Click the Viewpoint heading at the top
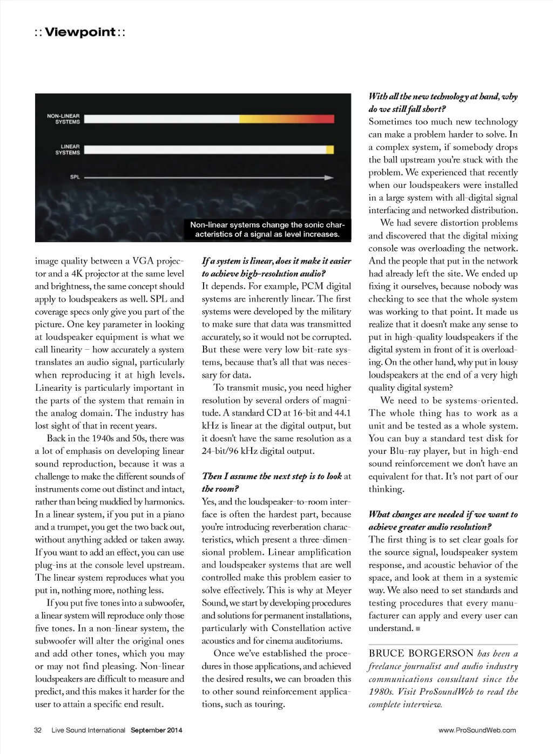(80, 32)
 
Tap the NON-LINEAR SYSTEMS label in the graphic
(63, 119)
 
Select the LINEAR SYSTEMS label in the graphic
(68, 150)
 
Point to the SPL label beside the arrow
(75, 177)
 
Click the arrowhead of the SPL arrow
(329, 177)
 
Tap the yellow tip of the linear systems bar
(330, 150)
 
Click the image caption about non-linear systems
(267, 229)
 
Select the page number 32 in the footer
(38, 730)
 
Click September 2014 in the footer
(156, 730)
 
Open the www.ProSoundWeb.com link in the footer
(477, 730)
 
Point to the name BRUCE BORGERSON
(421, 654)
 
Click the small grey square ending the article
(418, 629)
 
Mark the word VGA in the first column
(143, 261)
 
